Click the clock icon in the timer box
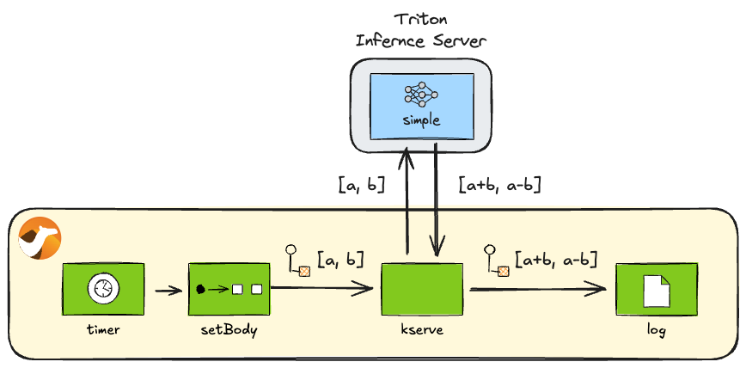point(103,289)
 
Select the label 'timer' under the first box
point(103,329)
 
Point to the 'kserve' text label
point(422,330)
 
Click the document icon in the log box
point(657,289)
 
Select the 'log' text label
point(657,330)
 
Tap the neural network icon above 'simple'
point(421,94)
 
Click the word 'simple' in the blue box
point(421,121)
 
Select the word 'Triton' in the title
point(421,19)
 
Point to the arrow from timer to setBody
point(168,290)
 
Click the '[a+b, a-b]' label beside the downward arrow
point(499,183)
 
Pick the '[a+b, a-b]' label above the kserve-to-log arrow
point(555,257)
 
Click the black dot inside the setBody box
point(201,289)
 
